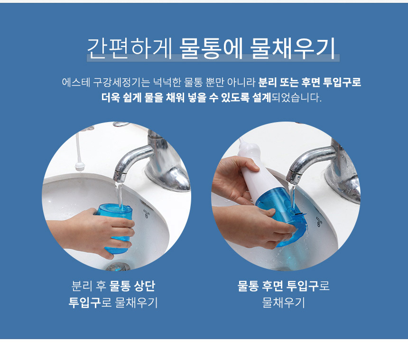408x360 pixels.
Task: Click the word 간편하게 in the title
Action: click(x=130, y=48)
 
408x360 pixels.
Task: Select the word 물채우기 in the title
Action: click(x=292, y=48)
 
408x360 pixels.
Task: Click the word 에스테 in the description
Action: click(x=76, y=82)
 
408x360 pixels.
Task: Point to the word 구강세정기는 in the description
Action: click(x=121, y=82)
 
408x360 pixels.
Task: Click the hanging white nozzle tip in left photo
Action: click(x=80, y=166)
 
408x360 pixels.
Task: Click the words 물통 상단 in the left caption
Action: click(x=132, y=286)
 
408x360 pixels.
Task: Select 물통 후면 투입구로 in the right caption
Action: click(x=283, y=286)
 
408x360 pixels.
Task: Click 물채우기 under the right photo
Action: click(x=283, y=303)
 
